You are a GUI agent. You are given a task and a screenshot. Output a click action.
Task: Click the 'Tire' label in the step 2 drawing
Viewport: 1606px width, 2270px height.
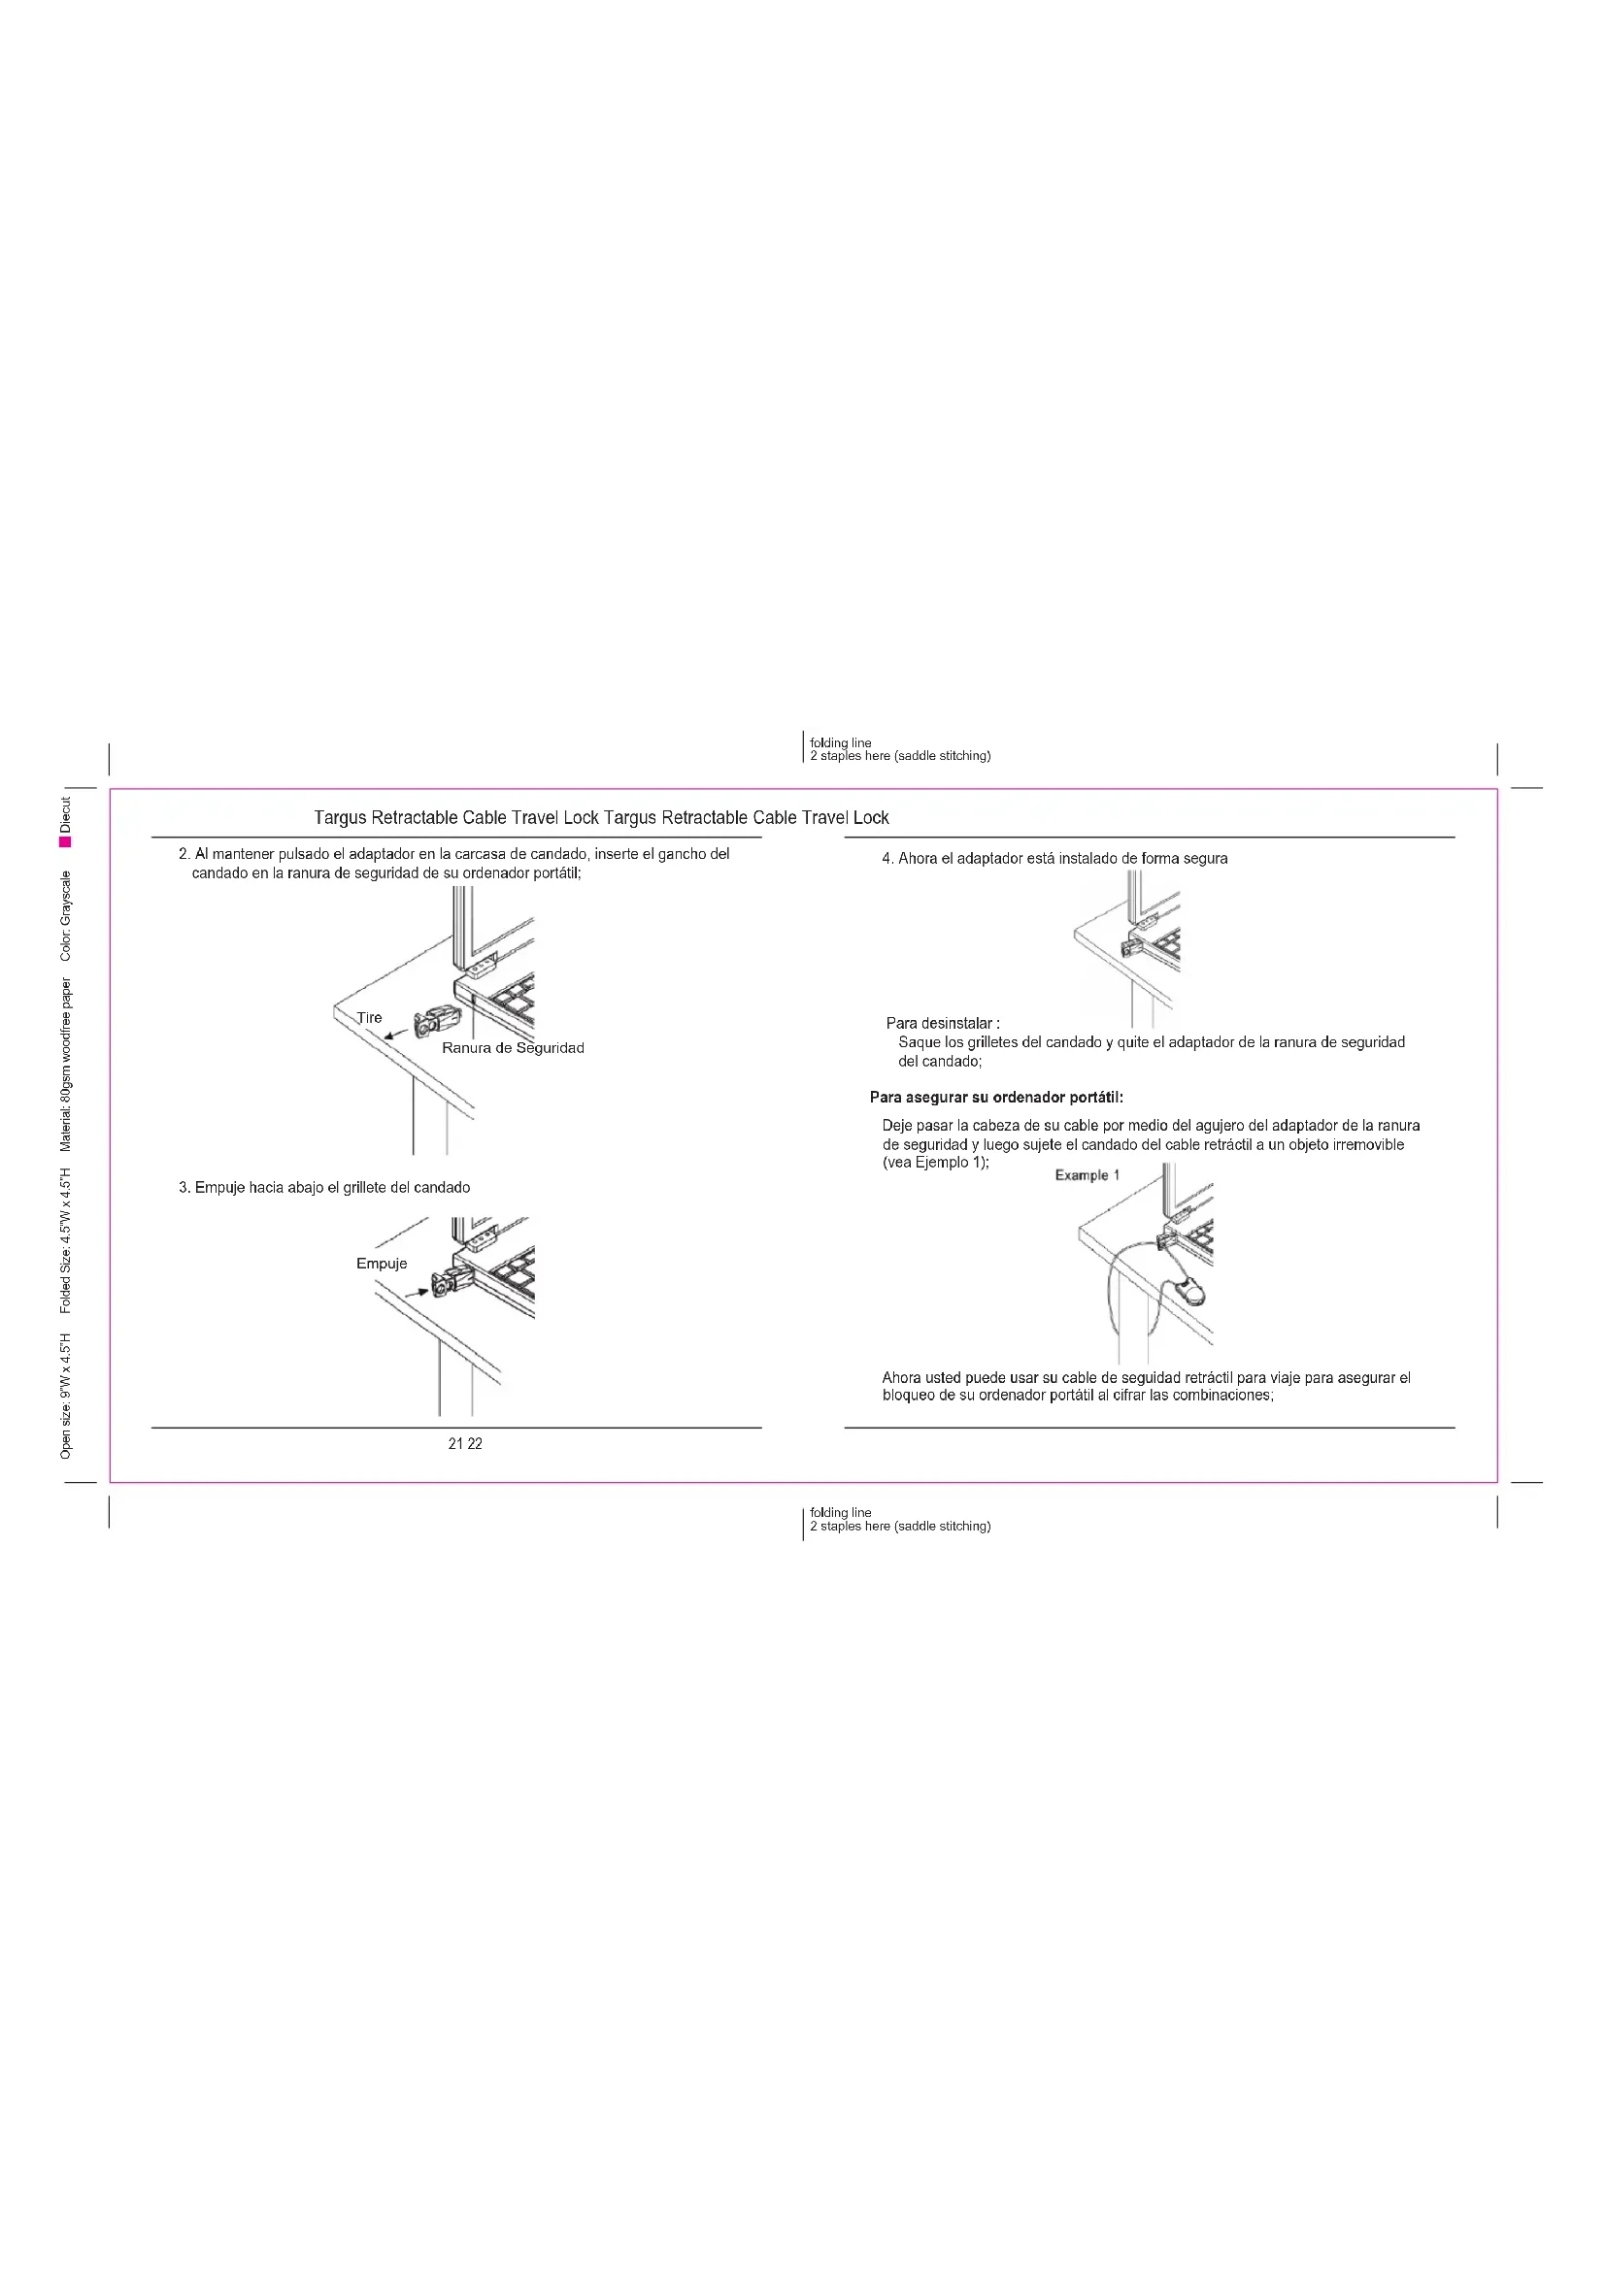pos(369,1017)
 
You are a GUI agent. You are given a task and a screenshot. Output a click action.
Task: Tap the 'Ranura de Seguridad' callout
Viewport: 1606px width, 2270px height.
pos(513,1048)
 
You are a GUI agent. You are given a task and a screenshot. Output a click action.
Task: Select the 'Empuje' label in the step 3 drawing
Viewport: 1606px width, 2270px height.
pos(382,1264)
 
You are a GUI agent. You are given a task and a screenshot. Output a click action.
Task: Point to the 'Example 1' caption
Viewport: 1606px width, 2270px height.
pos(1087,1175)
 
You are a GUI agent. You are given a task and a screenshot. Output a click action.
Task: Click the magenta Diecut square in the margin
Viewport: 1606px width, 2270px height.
pos(65,841)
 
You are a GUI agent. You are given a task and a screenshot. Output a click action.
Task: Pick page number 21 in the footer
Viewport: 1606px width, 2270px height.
pos(454,1444)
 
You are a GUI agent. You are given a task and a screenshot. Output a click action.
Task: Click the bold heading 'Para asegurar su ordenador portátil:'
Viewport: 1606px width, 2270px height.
pos(996,1098)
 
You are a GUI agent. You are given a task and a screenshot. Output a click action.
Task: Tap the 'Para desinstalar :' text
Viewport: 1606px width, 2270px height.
pos(943,1023)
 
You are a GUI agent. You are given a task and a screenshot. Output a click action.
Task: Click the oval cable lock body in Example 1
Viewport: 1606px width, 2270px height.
pos(1193,1291)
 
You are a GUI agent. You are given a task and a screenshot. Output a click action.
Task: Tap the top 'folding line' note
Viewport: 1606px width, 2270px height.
pos(841,742)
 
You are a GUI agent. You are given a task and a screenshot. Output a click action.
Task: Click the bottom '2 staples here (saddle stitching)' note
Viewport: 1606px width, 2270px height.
pos(900,1526)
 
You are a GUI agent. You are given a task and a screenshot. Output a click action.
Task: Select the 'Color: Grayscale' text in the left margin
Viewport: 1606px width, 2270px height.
pos(65,915)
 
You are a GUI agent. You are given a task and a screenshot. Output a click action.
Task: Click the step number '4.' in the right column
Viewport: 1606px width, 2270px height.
pos(887,859)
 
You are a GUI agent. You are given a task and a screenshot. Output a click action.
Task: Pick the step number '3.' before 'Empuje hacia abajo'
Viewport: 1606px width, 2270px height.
pos(184,1187)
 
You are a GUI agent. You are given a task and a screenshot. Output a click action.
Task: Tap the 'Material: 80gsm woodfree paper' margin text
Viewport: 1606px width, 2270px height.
pos(65,1065)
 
